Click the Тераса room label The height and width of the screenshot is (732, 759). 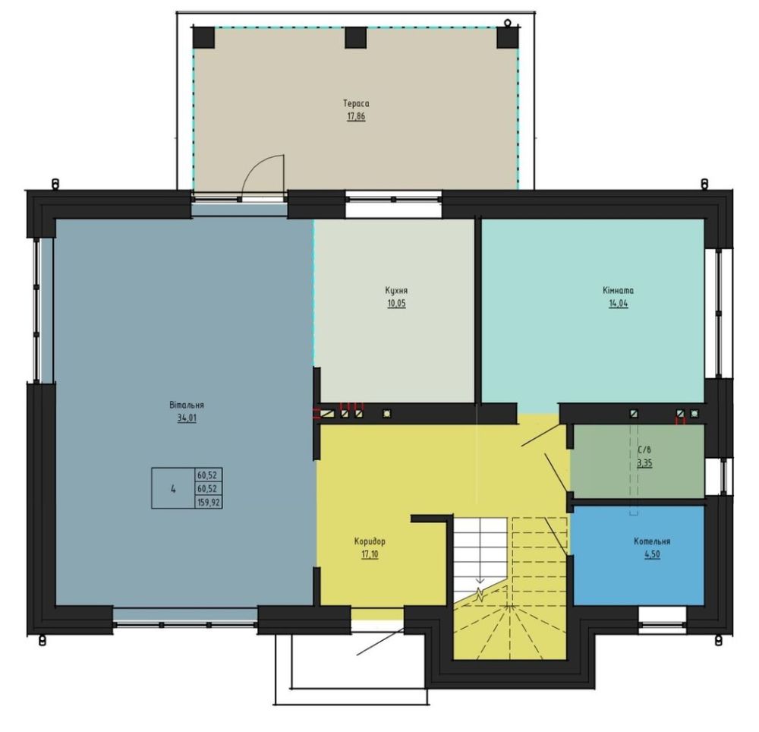356,103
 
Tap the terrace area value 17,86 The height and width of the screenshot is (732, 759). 356,117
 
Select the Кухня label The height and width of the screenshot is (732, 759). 396,291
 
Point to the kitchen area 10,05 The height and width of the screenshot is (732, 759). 396,304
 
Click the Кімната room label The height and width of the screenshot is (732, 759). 618,291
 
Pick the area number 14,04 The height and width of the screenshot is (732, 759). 619,304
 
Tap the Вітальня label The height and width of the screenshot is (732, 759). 187,405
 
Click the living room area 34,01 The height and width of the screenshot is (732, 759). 187,418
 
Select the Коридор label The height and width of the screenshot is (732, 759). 370,541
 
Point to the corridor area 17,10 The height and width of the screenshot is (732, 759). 370,554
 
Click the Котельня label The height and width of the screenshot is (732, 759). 652,541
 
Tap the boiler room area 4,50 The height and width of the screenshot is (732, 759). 652,554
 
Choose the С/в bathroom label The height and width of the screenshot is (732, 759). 644,450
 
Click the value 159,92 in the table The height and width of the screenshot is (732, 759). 209,503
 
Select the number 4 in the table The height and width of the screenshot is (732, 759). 173,489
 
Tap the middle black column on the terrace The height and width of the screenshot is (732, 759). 356,38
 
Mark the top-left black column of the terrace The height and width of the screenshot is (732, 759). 203,38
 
